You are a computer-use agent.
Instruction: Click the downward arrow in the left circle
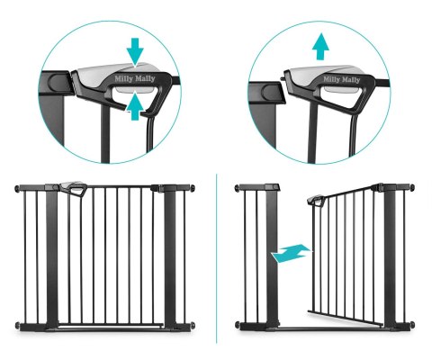(135, 51)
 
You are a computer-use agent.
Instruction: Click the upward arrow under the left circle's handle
(135, 106)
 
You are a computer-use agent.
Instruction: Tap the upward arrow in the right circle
(320, 46)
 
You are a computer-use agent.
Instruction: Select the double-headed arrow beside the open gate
(291, 254)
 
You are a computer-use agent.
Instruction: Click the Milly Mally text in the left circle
(135, 79)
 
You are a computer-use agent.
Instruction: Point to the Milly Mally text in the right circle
(341, 79)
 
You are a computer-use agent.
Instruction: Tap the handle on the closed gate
(74, 188)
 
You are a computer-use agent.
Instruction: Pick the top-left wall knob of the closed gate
(17, 189)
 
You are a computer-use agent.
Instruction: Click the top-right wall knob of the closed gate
(192, 188)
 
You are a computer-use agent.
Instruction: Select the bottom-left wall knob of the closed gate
(17, 326)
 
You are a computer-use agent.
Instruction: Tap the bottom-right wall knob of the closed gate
(193, 325)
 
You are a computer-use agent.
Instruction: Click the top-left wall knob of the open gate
(237, 188)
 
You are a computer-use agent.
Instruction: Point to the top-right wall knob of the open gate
(412, 188)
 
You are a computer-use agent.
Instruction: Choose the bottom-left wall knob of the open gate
(238, 325)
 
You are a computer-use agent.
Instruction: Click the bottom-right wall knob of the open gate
(412, 325)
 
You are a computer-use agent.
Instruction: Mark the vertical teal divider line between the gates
(216, 258)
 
